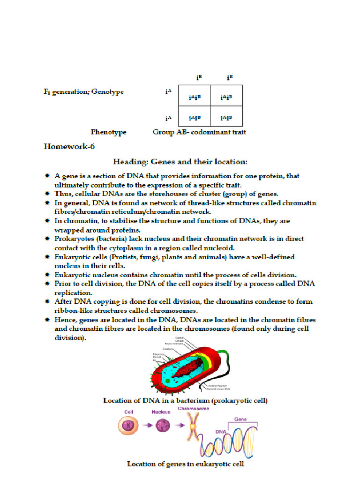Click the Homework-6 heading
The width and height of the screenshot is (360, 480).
(69, 146)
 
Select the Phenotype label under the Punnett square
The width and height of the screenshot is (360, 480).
(108, 132)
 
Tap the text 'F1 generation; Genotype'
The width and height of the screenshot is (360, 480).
(83, 92)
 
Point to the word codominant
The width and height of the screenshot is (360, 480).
(206, 132)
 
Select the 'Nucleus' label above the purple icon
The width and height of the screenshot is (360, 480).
(160, 412)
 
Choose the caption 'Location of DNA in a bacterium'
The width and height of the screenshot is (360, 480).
(185, 401)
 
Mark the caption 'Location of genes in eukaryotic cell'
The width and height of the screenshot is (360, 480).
(185, 464)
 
